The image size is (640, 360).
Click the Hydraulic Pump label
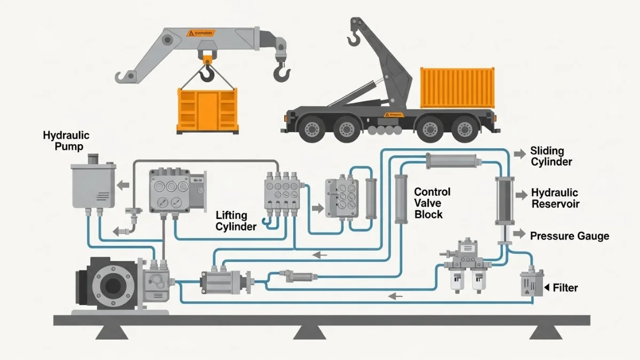(66, 141)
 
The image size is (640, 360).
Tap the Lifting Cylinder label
(236, 221)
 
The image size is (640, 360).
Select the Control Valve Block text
(432, 203)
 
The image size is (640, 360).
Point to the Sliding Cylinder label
(551, 157)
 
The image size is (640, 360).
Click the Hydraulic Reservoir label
(555, 198)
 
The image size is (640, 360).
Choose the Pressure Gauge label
(569, 236)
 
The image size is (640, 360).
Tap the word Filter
(565, 288)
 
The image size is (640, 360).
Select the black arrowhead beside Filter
(547, 288)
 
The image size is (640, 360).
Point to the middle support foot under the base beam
(309, 333)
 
